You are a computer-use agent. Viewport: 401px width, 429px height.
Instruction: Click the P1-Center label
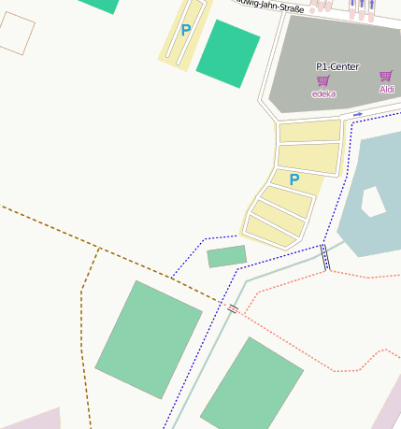pyautogui.click(x=337, y=66)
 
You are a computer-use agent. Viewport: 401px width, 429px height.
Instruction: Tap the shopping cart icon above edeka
pyautogui.click(x=323, y=81)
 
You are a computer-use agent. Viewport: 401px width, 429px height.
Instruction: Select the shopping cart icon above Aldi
pyautogui.click(x=385, y=77)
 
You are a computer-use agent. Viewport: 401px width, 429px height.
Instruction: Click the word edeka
pyautogui.click(x=323, y=93)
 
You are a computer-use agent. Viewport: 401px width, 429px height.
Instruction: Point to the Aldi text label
pyautogui.click(x=386, y=89)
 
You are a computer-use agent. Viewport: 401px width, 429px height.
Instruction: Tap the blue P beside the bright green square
pyautogui.click(x=185, y=30)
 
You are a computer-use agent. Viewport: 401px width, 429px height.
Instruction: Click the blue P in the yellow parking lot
pyautogui.click(x=294, y=179)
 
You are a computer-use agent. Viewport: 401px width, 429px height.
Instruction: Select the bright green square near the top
pyautogui.click(x=227, y=52)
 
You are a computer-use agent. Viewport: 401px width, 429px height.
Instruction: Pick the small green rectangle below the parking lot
pyautogui.click(x=226, y=255)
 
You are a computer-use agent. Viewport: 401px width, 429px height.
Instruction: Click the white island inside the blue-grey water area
pyautogui.click(x=373, y=201)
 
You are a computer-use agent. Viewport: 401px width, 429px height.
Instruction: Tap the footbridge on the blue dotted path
pyautogui.click(x=325, y=256)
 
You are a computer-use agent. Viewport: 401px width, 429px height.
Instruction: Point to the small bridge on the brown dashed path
pyautogui.click(x=233, y=307)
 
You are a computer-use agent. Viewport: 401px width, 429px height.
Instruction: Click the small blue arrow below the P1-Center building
pyautogui.click(x=357, y=114)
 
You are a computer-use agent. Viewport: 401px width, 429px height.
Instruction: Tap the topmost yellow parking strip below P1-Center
pyautogui.click(x=309, y=131)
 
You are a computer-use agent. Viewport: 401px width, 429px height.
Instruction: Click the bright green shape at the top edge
pyautogui.click(x=99, y=5)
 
